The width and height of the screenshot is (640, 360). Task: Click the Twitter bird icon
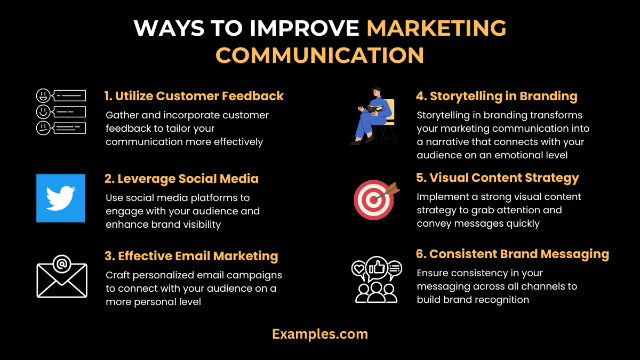coord(60,198)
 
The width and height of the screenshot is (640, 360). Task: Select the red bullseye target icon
coord(374,199)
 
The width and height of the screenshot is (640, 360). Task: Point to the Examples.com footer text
coord(320,334)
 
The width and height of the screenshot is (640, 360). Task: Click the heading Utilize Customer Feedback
coord(194,96)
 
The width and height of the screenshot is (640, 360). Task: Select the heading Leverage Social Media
coord(181,179)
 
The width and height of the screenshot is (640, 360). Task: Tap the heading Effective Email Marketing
coord(191,256)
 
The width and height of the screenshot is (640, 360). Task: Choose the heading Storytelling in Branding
coord(497,96)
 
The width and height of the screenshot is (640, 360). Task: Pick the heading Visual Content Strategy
coord(498,178)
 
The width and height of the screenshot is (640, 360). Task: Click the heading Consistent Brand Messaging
coord(513,254)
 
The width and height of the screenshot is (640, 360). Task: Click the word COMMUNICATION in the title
coord(320,55)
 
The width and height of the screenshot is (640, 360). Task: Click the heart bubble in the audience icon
coord(358,268)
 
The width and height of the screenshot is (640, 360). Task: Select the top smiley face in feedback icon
coord(43,96)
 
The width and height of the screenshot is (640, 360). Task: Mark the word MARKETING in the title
coord(436,28)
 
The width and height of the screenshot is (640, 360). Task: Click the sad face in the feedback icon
coord(43,128)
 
